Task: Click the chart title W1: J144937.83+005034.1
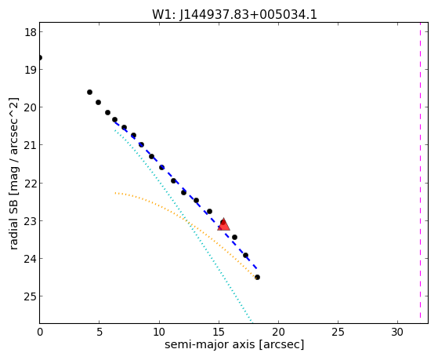click(234, 14)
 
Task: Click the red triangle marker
click(224, 224)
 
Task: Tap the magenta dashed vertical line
click(420, 173)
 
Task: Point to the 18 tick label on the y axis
click(30, 32)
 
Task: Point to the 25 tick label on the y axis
click(30, 296)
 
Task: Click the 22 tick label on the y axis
click(30, 183)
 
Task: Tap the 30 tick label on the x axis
click(397, 333)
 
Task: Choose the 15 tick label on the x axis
click(219, 333)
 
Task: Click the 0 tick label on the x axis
click(40, 333)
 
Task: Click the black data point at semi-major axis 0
click(40, 57)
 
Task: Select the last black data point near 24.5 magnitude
click(257, 277)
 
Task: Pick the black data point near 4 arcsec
click(89, 92)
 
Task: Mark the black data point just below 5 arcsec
click(98, 103)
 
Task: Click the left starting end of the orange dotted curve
click(115, 193)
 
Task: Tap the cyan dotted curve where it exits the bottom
click(252, 322)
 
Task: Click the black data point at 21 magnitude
click(141, 144)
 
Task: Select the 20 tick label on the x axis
click(278, 333)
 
